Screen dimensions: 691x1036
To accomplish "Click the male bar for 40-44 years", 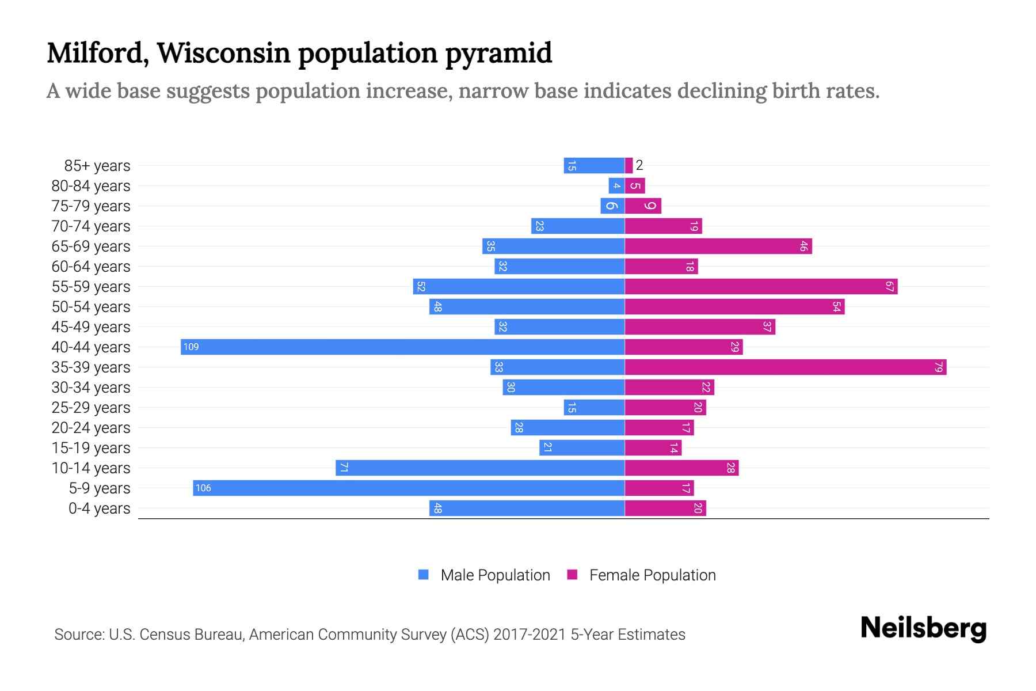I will pyautogui.click(x=403, y=347).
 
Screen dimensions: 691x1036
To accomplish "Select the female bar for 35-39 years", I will pyautogui.click(x=786, y=367).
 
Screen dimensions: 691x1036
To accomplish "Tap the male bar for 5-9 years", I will pyautogui.click(x=409, y=488).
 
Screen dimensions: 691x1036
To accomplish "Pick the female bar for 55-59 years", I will pyautogui.click(x=761, y=286).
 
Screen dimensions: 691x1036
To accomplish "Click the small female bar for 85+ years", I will pyautogui.click(x=629, y=165).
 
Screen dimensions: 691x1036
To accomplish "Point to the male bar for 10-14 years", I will pyautogui.click(x=480, y=468).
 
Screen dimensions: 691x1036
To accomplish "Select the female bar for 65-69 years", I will pyautogui.click(x=718, y=246).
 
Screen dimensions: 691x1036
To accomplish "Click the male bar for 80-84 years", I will pyautogui.click(x=616, y=185).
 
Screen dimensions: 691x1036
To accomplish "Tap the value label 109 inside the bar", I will pyautogui.click(x=191, y=347).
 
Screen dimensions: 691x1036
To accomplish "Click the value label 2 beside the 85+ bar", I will pyautogui.click(x=639, y=165).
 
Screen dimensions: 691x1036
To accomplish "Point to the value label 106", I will pyautogui.click(x=203, y=488).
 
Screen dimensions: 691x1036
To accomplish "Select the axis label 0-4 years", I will pyautogui.click(x=99, y=508).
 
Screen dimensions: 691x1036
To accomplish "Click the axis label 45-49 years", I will pyautogui.click(x=91, y=327).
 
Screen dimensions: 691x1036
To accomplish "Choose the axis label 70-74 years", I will pyautogui.click(x=91, y=226).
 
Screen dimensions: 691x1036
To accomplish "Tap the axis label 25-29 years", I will pyautogui.click(x=91, y=408).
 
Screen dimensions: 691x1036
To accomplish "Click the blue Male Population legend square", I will pyautogui.click(x=424, y=575).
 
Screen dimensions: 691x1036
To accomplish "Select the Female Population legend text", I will pyautogui.click(x=652, y=575).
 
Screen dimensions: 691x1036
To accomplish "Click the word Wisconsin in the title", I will pyautogui.click(x=224, y=53).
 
